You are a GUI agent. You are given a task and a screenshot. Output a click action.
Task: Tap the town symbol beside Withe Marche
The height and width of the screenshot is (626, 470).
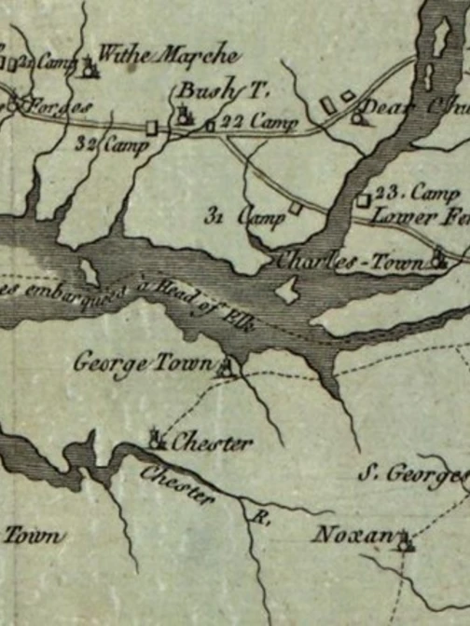90,65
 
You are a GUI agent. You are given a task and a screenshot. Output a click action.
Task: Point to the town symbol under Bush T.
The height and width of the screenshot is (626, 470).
184,116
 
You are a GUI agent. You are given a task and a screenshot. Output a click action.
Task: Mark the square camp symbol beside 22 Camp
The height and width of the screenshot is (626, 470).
210,124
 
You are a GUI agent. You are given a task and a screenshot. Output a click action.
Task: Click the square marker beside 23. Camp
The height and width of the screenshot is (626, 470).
364,199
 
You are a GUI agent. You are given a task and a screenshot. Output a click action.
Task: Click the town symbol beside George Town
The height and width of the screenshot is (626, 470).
225,368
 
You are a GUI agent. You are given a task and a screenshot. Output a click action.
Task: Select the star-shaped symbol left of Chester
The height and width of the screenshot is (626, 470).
158,438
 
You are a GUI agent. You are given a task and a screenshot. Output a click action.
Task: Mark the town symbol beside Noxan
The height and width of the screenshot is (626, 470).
404,539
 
